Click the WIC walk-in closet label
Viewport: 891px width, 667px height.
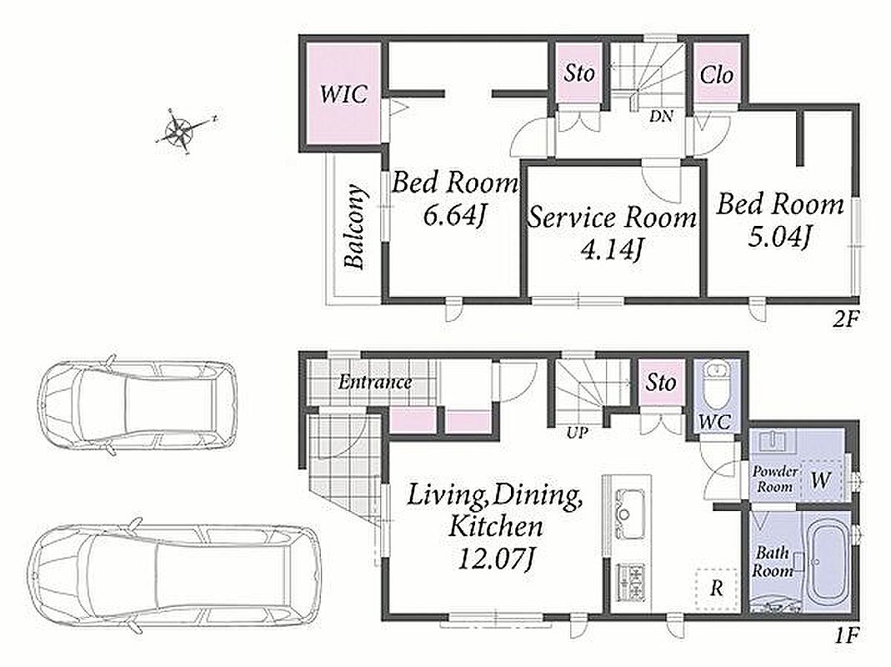pos(343,94)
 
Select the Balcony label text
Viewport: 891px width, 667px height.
pos(354,226)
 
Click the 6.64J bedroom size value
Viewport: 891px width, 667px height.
pos(455,215)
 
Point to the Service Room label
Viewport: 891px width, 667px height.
pos(613,218)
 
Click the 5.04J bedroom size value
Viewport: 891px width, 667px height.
pos(779,236)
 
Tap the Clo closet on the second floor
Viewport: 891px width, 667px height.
pos(716,74)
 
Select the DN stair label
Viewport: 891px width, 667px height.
pos(662,117)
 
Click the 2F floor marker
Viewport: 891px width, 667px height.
pos(845,319)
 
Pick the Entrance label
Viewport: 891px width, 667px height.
pos(375,382)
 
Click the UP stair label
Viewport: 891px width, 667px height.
pos(577,433)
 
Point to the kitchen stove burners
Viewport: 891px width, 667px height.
pos(630,582)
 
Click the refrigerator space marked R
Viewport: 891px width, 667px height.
pos(716,589)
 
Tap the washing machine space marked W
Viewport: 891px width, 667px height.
pos(820,480)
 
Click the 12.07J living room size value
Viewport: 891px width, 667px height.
pos(495,559)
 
